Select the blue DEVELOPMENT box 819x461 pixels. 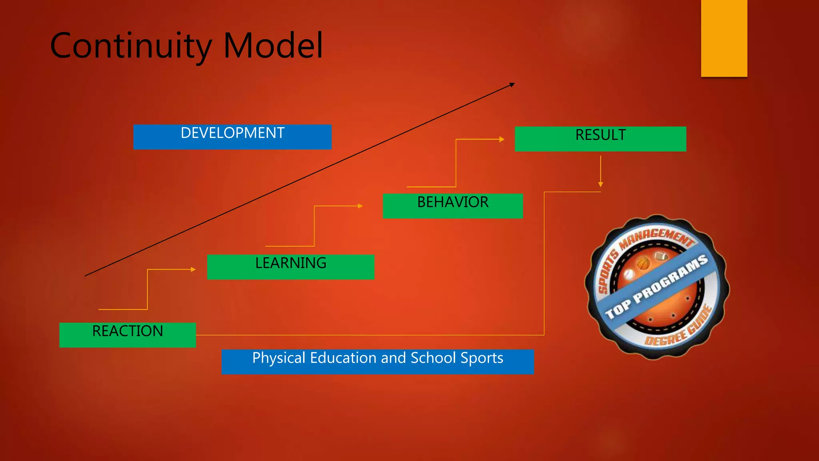[x=232, y=137]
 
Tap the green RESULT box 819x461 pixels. [x=600, y=139]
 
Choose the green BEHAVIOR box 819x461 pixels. [x=452, y=206]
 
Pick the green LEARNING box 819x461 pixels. [x=290, y=267]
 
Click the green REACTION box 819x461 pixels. [x=127, y=335]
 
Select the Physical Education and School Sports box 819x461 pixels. [x=378, y=361]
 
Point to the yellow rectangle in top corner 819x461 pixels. [x=724, y=38]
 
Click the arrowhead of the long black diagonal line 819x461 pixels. [x=512, y=84]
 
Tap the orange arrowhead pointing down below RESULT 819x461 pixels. [x=600, y=184]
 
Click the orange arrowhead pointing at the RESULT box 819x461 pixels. [x=502, y=139]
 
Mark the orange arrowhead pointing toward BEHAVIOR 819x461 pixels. [x=360, y=206]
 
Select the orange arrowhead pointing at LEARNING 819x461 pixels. [x=194, y=269]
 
